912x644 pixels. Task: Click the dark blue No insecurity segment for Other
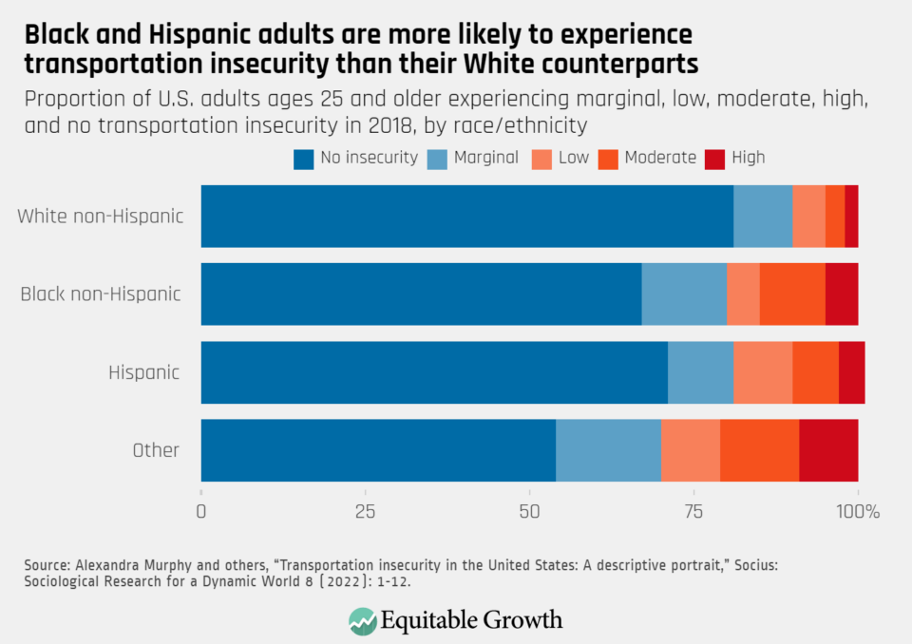click(378, 450)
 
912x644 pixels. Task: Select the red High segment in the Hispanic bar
click(851, 372)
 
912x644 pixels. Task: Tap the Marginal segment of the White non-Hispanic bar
click(763, 217)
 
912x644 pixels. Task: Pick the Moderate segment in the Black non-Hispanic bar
click(792, 294)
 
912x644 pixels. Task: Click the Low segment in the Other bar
click(690, 450)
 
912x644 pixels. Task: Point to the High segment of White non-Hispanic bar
click(851, 217)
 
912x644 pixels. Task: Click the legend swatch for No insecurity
click(303, 159)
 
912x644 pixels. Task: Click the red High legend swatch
click(715, 159)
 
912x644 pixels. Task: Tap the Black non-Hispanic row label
click(101, 294)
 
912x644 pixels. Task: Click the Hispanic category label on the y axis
click(143, 372)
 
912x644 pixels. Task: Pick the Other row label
click(156, 450)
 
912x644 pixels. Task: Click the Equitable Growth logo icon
click(362, 621)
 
